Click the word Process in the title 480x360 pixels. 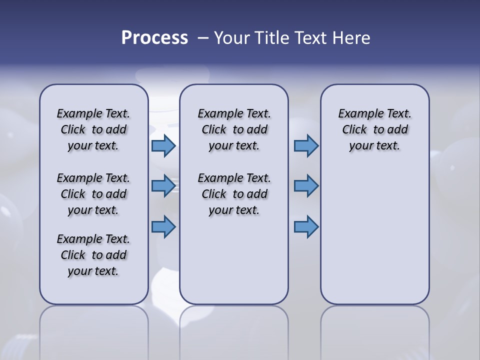(x=154, y=37)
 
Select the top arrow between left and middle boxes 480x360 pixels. (x=163, y=145)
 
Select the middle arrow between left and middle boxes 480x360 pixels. (x=163, y=185)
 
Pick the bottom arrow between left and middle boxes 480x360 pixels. (x=163, y=226)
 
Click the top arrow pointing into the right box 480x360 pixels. (x=306, y=145)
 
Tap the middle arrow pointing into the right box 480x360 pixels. (x=306, y=185)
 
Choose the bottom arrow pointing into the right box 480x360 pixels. (x=306, y=226)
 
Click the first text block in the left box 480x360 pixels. (x=93, y=129)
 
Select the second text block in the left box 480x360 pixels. (x=93, y=194)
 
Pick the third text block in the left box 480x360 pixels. (x=93, y=255)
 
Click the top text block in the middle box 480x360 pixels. (x=234, y=129)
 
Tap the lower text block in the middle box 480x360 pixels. (x=234, y=194)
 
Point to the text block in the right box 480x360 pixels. (x=374, y=129)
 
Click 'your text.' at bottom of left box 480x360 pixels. (x=93, y=271)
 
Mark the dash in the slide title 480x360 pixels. (x=203, y=37)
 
